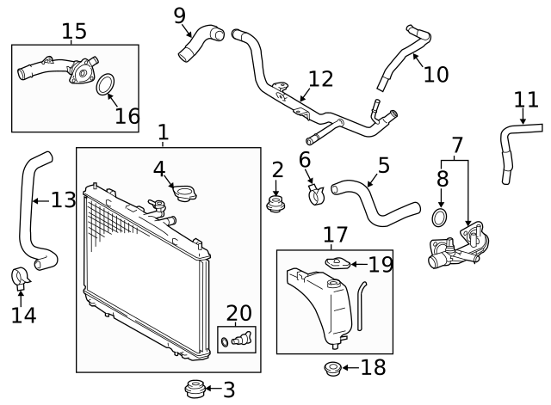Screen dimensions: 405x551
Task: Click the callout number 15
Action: [x=74, y=32]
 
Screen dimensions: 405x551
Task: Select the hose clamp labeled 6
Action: [x=313, y=196]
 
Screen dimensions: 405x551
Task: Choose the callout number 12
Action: [x=319, y=79]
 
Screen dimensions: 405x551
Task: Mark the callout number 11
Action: [x=525, y=101]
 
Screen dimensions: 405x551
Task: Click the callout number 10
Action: [x=436, y=74]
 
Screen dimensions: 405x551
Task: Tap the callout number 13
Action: [x=63, y=200]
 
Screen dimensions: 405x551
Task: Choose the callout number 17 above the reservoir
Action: [x=335, y=234]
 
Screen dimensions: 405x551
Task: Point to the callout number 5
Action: [x=384, y=165]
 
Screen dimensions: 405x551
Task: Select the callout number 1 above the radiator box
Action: [x=163, y=132]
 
